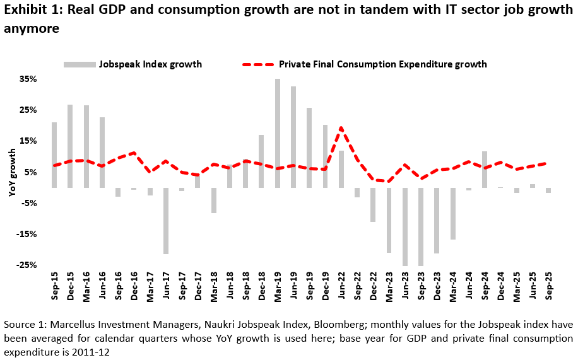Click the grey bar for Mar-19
[x=278, y=133]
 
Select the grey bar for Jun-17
[x=166, y=221]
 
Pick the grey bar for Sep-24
[x=485, y=170]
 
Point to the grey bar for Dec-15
[x=70, y=146]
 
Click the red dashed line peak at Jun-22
[x=341, y=129]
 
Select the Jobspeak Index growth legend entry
[x=133, y=64]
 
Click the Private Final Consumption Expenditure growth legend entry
[x=365, y=64]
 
